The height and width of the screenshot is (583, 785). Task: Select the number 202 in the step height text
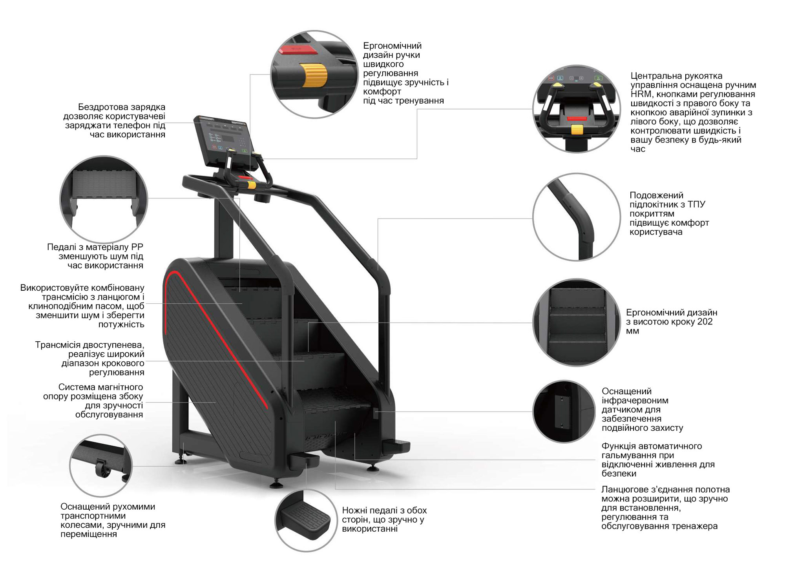tap(705, 322)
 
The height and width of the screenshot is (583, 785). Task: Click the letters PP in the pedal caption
tap(137, 247)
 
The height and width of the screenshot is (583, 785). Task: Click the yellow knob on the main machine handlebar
tap(251, 185)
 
